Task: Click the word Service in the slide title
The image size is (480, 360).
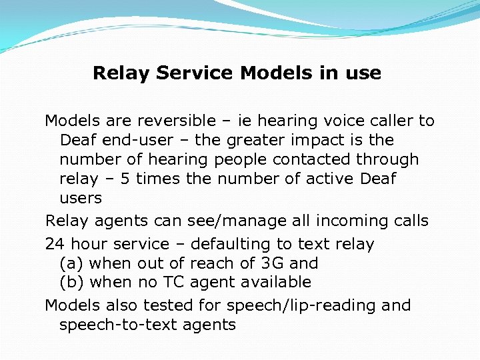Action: click(x=195, y=73)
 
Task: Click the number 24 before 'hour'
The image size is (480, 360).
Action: click(x=54, y=244)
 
